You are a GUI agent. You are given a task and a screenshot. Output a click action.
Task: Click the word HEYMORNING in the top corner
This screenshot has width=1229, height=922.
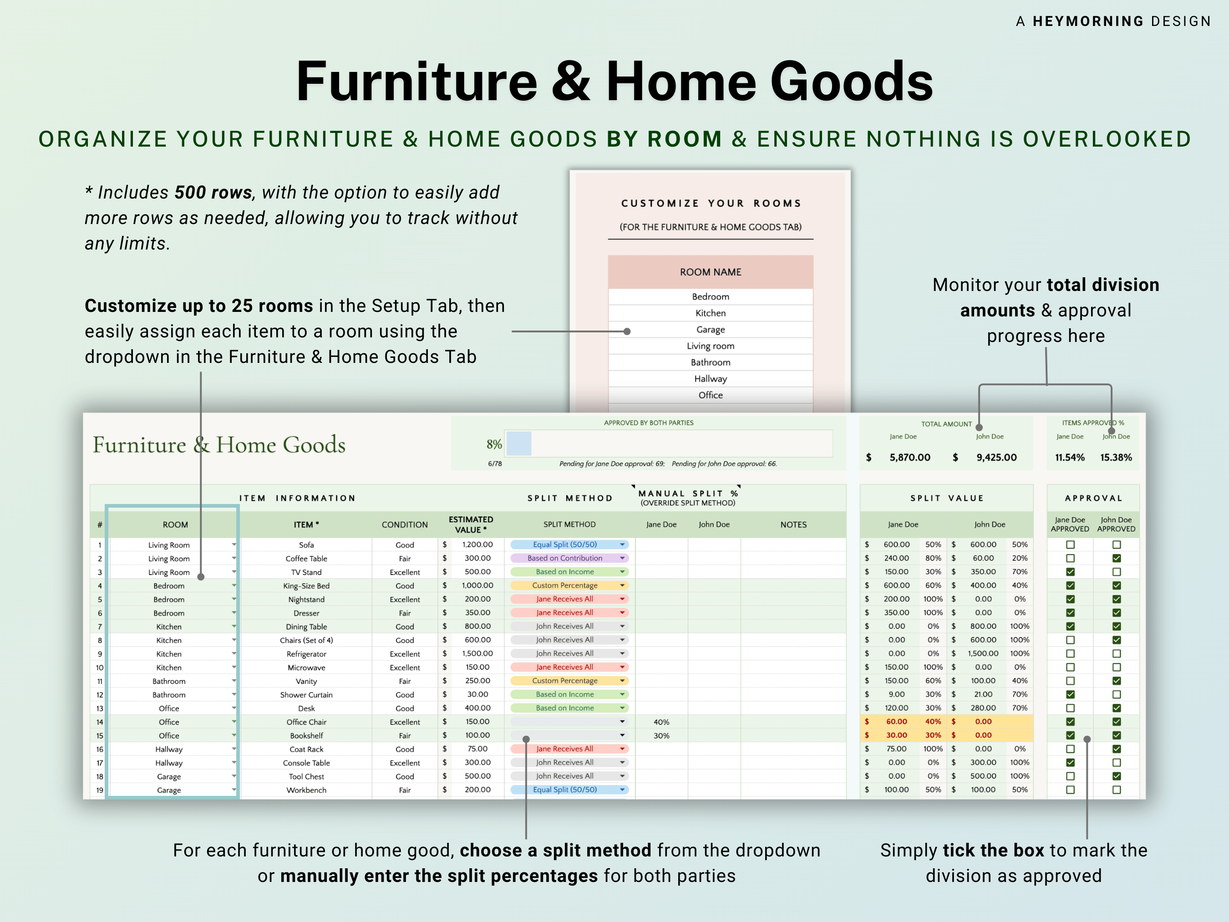1088,21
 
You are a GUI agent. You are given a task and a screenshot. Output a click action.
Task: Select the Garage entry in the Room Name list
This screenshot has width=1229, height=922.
710,330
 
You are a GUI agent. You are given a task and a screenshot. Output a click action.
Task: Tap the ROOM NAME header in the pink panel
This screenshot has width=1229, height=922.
710,272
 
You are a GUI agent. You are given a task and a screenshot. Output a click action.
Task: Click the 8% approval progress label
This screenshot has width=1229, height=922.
494,444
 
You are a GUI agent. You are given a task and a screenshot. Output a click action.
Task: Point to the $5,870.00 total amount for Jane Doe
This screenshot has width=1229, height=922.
909,458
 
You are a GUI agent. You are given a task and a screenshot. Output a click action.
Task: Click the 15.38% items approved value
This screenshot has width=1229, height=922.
1116,458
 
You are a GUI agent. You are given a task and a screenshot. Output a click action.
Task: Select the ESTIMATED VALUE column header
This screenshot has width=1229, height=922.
471,524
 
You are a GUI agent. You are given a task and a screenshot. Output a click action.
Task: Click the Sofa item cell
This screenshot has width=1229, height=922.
306,545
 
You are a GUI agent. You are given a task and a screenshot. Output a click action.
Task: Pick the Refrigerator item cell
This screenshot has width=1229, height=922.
306,653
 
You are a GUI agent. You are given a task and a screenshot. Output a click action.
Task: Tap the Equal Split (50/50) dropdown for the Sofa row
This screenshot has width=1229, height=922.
569,545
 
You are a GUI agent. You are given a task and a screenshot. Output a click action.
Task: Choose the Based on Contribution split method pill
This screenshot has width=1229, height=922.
569,558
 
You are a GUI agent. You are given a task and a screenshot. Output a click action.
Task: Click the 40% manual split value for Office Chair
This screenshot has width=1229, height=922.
661,722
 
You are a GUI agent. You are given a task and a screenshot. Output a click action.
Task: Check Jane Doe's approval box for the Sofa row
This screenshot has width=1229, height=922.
1070,545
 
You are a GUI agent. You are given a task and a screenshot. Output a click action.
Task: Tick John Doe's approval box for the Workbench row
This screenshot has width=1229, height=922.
1116,790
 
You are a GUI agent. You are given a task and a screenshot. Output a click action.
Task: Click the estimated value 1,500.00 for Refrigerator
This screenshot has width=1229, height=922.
477,653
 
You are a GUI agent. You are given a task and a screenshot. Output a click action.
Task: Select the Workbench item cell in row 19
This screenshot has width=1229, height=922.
306,790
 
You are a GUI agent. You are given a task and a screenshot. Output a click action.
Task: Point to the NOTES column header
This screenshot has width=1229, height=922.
793,524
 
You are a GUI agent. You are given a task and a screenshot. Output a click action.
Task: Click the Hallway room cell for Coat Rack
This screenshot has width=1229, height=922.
169,749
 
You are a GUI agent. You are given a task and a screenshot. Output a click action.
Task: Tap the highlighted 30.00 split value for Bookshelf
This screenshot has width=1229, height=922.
896,735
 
